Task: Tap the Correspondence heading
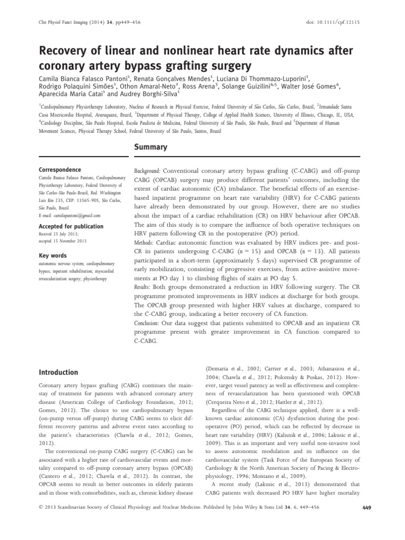[60, 170]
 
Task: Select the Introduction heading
[58, 372]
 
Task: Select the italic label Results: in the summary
[144, 288]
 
